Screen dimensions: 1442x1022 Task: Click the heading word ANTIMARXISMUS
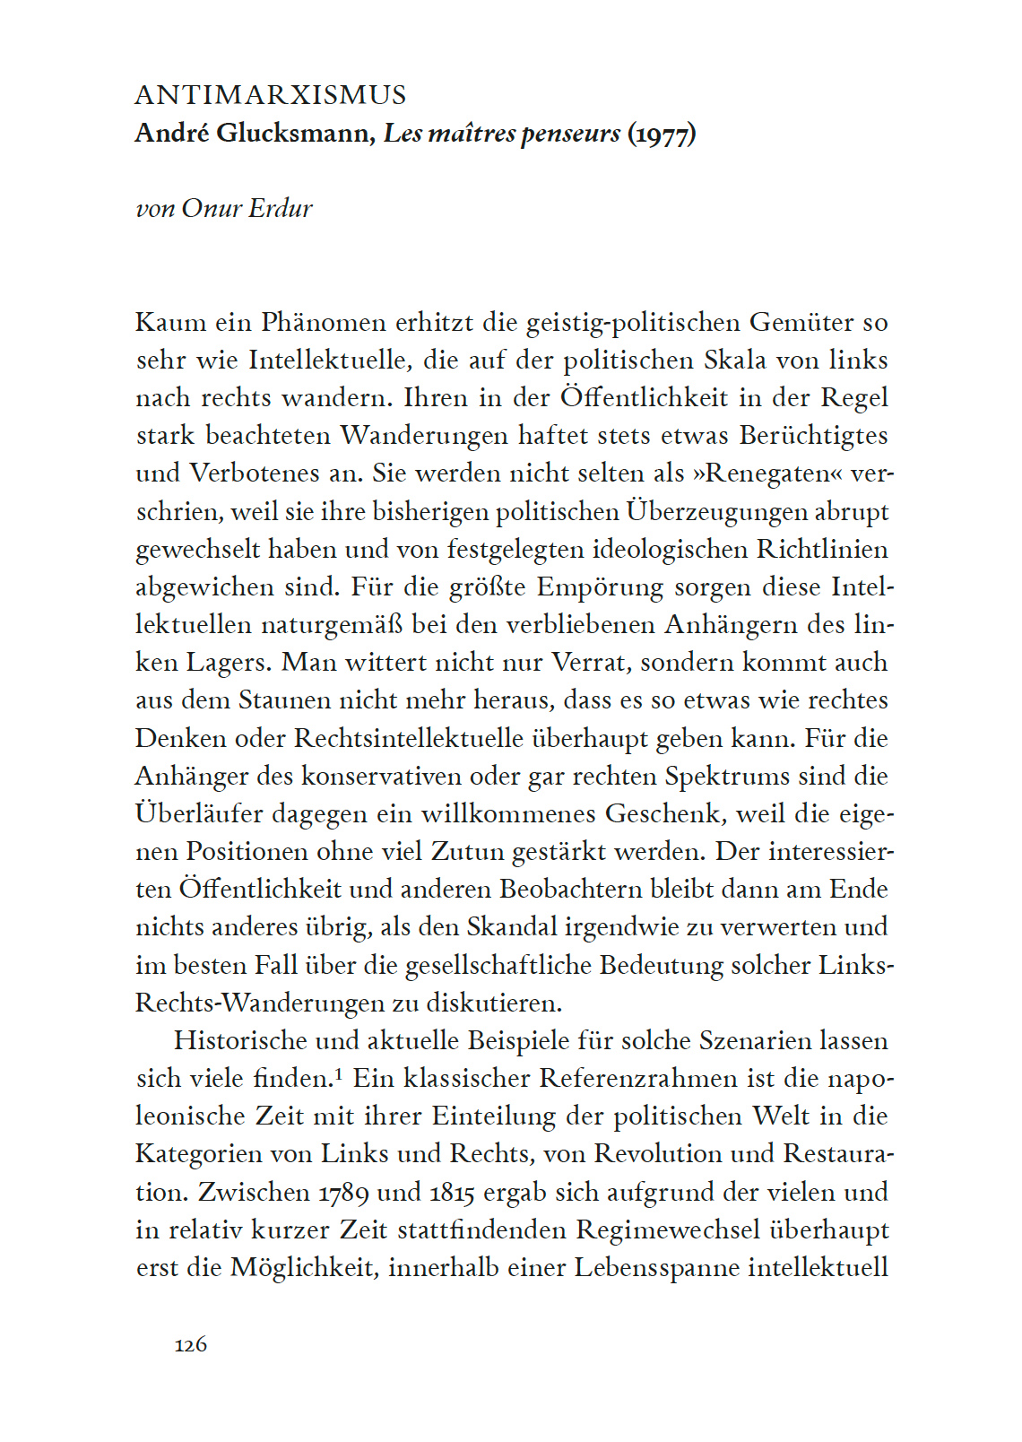click(271, 95)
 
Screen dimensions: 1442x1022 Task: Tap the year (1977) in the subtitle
click(662, 134)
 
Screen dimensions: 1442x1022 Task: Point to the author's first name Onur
click(212, 208)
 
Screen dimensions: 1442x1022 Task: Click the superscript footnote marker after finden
click(340, 1072)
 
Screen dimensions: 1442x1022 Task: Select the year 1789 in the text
click(343, 1192)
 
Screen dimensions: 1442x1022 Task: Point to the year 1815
click(452, 1192)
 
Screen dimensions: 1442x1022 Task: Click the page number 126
click(191, 1344)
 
